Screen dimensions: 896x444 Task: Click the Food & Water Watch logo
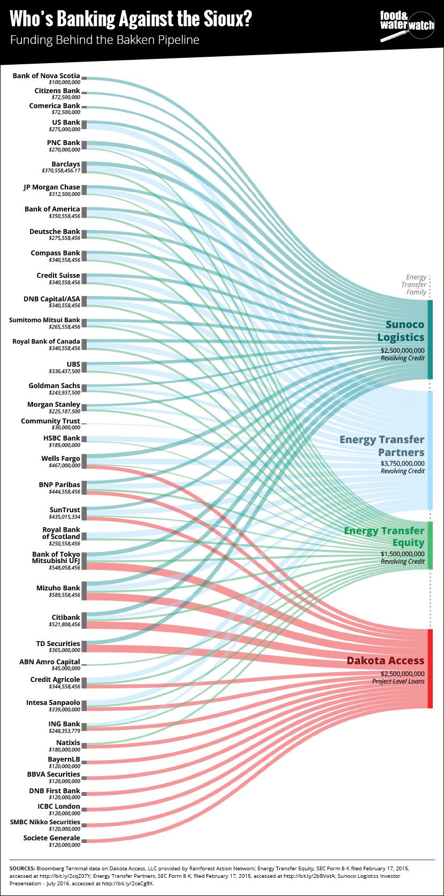407,26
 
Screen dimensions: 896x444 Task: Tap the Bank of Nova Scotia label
46,76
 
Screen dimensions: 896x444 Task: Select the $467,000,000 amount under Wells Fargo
64,466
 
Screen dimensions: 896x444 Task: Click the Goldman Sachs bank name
54,385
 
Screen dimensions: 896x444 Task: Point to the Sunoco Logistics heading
401,331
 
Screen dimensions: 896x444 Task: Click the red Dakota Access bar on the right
430,669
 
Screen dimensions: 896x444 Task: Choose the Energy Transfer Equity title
384,536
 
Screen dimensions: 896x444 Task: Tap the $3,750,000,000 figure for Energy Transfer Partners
402,464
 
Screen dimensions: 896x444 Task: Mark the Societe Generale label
51,838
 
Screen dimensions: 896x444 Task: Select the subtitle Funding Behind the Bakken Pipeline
105,40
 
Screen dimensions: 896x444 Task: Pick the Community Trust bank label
50,421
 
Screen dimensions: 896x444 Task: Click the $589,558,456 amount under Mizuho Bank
64,595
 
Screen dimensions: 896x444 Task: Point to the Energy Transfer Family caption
416,284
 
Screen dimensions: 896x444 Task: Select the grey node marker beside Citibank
84,620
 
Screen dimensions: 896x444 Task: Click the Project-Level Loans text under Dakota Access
398,681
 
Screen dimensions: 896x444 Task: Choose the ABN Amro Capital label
49,662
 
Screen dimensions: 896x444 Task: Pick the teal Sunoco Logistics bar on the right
430,339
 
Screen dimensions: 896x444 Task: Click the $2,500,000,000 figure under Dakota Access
402,674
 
